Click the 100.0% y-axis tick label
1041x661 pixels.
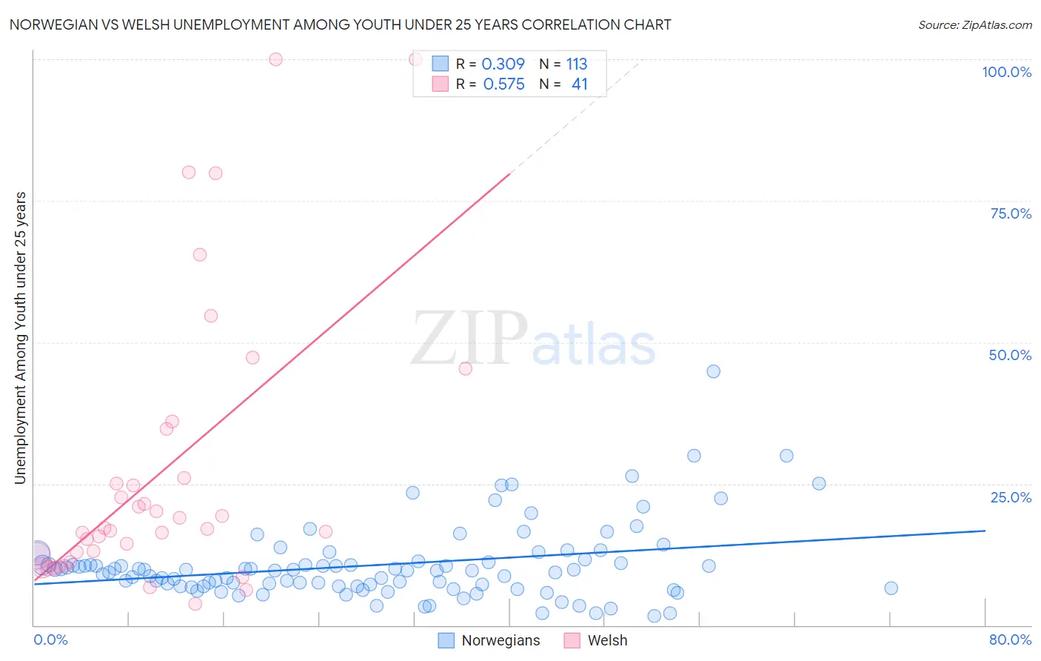[1006, 72]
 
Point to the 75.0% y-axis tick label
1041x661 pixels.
[1011, 213]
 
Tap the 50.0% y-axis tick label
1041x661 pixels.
[1010, 355]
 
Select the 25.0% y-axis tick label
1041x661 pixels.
[1011, 497]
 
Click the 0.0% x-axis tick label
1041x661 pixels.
[50, 640]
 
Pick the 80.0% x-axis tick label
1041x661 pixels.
[1010, 640]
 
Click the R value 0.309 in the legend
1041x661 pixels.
[503, 64]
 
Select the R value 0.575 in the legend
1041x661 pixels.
[503, 84]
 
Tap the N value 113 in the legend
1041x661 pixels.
[577, 64]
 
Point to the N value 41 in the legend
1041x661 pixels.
[579, 84]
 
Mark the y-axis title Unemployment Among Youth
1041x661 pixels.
[20, 338]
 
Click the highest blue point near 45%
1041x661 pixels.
[713, 371]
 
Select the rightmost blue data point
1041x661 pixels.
[891, 588]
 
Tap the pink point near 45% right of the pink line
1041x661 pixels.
[465, 368]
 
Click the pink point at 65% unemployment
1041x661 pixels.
[199, 254]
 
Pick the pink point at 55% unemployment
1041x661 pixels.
[210, 316]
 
